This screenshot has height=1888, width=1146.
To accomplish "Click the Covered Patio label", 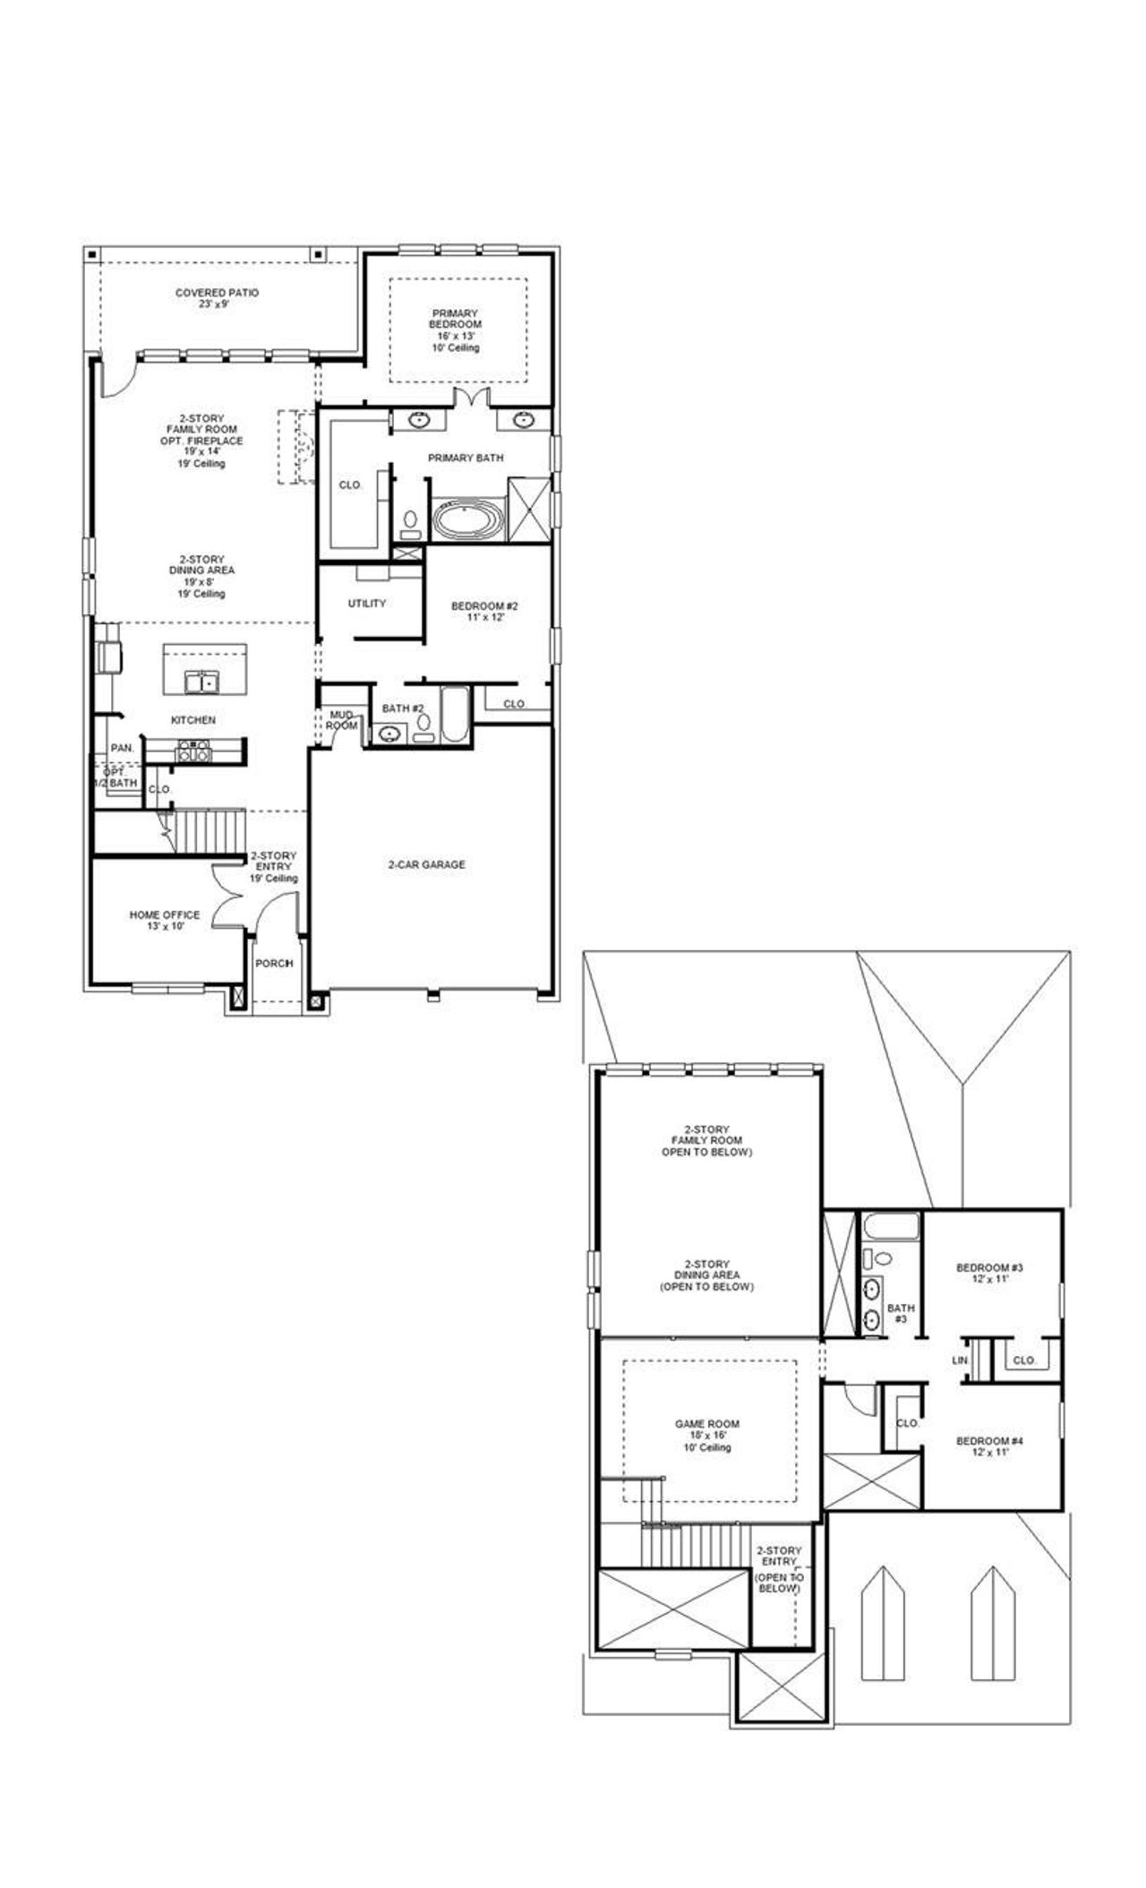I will (217, 298).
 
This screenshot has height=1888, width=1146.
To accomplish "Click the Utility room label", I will (367, 604).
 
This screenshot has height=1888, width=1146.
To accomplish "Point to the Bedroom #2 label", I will (484, 611).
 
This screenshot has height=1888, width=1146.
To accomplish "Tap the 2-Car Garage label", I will (426, 865).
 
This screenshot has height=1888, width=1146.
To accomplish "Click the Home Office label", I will (165, 920).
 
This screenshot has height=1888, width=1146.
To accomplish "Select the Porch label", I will (274, 964).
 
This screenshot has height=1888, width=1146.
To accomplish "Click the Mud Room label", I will (342, 719).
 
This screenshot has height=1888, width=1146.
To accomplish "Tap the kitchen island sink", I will (201, 683).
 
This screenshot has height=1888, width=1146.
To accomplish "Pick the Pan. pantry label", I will (122, 748).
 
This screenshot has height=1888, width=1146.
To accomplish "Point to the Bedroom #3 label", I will (989, 1273).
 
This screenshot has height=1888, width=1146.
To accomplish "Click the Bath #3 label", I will (901, 1314).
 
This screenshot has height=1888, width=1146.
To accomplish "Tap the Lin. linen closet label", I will (960, 1360).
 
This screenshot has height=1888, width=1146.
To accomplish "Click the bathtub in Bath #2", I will (454, 716).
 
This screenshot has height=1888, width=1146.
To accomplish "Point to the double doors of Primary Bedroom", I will (470, 399).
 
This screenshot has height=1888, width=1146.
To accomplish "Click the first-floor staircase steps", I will (209, 830).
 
